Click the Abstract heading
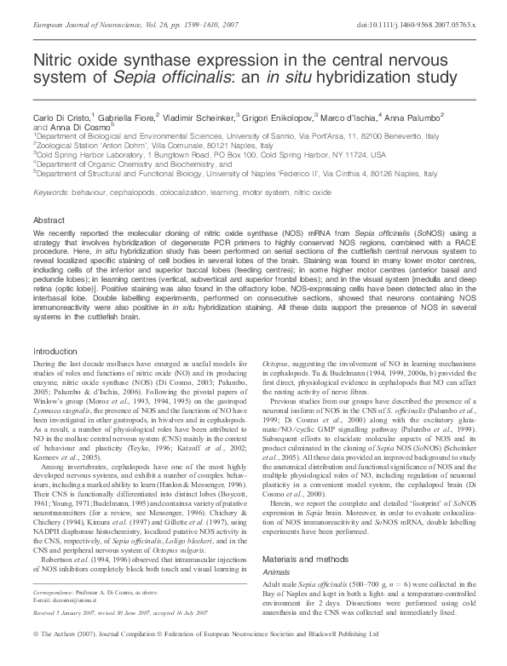(50, 219)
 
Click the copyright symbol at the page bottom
(36, 657)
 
